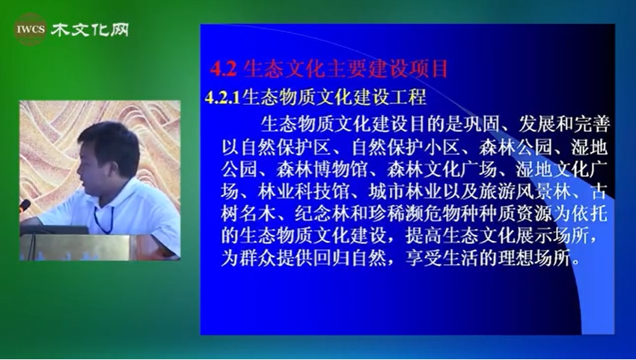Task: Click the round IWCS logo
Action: [30, 29]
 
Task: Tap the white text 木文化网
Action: [90, 30]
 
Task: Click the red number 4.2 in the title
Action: [223, 70]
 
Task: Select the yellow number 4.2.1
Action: [223, 98]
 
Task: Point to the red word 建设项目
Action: [409, 69]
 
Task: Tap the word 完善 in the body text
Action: [592, 124]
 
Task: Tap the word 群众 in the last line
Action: [257, 258]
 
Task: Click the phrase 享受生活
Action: [442, 258]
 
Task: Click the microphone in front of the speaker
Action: [25, 205]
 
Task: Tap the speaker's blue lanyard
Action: [104, 219]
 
